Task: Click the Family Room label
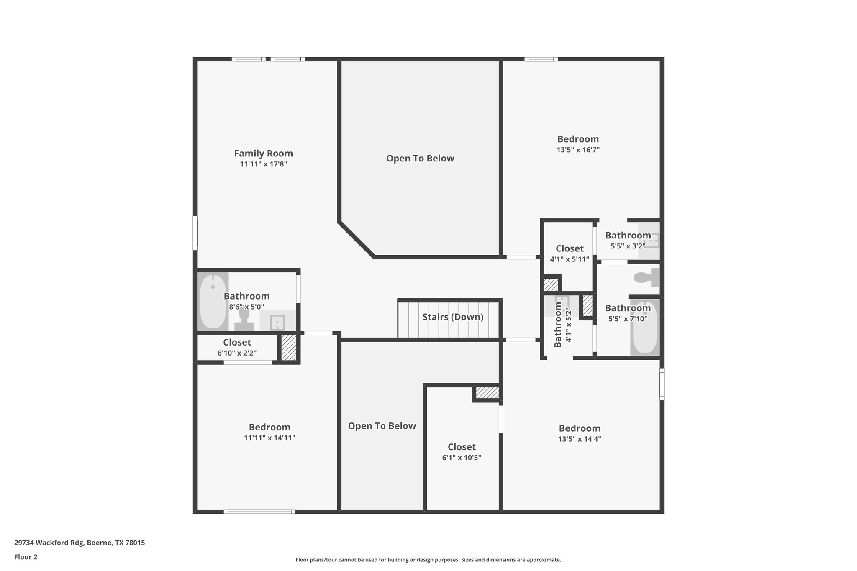[263, 154]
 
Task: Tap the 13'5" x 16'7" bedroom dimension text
[578, 150]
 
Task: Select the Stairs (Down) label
[453, 317]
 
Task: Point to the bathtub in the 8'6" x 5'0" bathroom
[213, 301]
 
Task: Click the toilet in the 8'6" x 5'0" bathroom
[244, 319]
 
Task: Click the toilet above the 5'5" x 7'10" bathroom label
[647, 277]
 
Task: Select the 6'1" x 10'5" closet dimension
[462, 458]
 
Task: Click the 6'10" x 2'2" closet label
[237, 342]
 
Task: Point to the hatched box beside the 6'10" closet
[288, 348]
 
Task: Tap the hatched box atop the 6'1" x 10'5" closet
[488, 393]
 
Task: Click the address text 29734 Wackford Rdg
[49, 543]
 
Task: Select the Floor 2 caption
[26, 557]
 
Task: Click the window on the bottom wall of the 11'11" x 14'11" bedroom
[259, 512]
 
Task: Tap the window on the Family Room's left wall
[195, 233]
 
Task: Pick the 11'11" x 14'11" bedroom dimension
[269, 438]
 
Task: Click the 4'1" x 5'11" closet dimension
[570, 259]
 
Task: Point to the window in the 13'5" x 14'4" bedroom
[662, 384]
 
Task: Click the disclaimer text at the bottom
[428, 560]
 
